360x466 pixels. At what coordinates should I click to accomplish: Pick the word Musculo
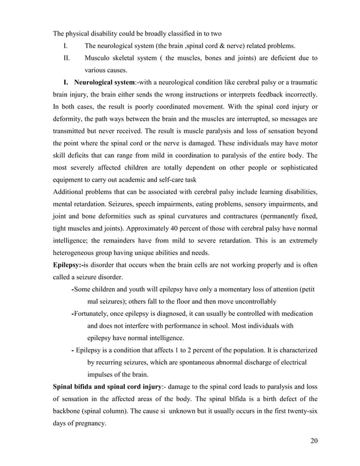coord(100,58)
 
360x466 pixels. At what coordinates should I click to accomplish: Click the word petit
coord(307,289)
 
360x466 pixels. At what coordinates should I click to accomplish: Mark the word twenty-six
coord(297,412)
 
